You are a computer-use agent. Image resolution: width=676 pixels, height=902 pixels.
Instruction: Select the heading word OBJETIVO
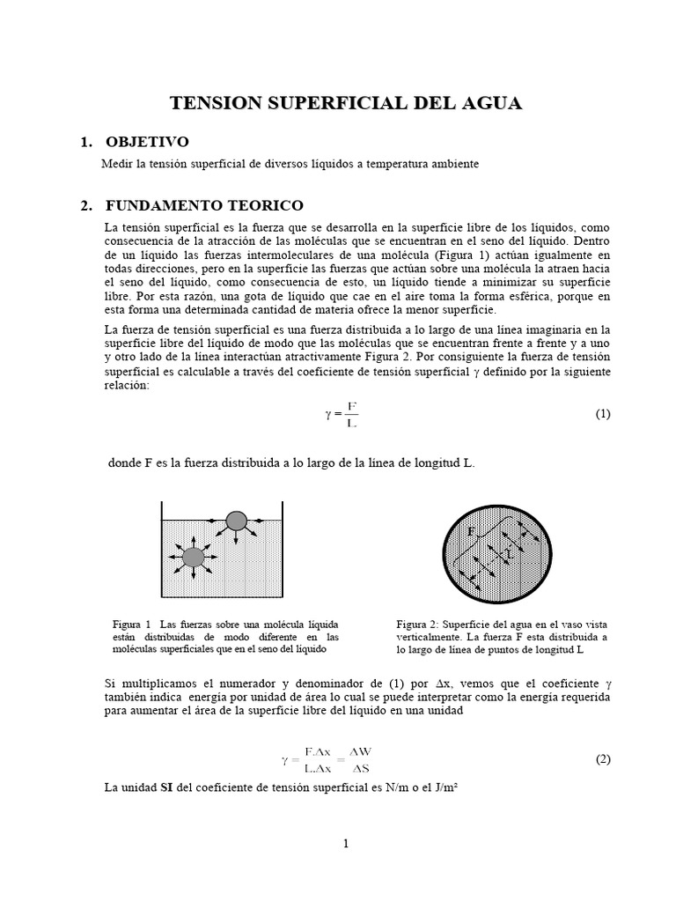click(147, 143)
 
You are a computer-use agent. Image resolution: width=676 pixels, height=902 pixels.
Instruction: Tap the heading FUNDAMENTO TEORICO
click(204, 205)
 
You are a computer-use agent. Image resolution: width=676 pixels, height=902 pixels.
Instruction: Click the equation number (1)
click(602, 414)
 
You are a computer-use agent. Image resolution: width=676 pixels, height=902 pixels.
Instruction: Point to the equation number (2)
click(602, 759)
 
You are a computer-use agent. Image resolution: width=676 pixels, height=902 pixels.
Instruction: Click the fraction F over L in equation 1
click(352, 414)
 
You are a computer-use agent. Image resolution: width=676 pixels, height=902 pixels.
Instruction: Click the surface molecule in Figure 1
click(236, 521)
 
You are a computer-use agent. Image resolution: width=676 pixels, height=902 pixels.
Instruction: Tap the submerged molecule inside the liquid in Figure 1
click(194, 556)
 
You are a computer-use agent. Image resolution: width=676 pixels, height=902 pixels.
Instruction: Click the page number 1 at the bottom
click(346, 843)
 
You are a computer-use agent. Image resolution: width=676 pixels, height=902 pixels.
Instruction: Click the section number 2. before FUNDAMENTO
click(85, 205)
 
